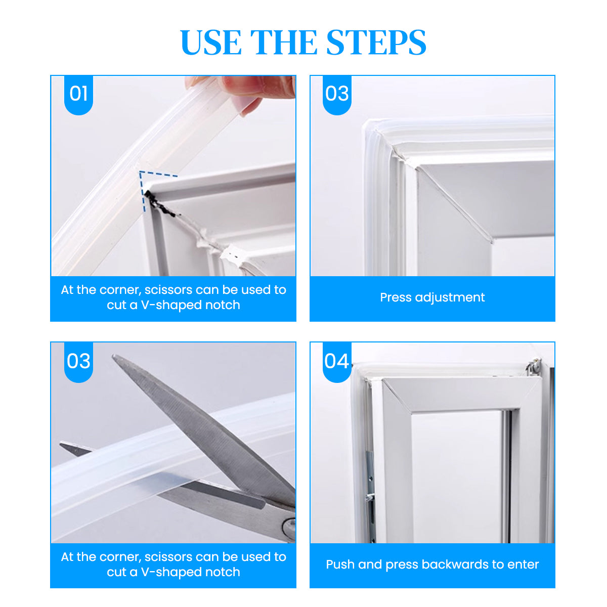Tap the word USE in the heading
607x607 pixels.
click(211, 42)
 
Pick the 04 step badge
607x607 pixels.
click(337, 361)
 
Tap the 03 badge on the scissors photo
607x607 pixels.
click(78, 361)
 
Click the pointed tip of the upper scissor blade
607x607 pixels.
click(113, 356)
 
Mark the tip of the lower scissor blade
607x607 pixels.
click(61, 445)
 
